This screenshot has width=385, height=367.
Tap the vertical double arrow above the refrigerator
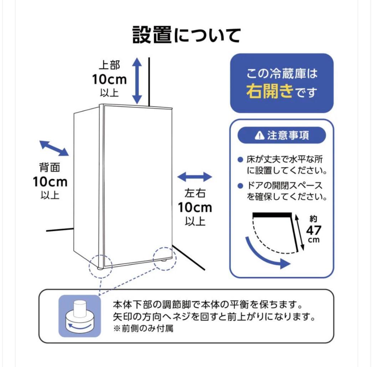137,81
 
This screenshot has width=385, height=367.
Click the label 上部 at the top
109,65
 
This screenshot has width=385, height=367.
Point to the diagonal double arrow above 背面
54,148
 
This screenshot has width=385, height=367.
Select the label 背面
50,168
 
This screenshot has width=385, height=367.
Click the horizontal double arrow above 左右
195,177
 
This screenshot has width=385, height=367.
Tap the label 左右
195,193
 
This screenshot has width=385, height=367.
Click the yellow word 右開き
269,92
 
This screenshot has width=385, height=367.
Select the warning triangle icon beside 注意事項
260,135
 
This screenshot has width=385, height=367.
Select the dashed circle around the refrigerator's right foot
165,259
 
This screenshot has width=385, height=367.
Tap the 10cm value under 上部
109,79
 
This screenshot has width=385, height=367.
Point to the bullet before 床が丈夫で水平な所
240,159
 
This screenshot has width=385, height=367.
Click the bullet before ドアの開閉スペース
240,186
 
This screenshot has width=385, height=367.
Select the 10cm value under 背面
50,182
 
